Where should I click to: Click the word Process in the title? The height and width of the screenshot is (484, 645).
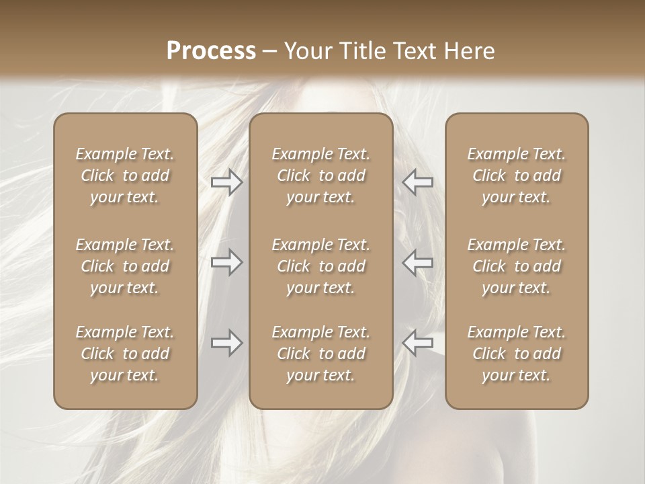tap(211, 51)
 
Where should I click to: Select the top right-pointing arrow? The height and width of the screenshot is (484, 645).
tap(226, 182)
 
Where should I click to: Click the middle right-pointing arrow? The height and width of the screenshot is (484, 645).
tap(226, 262)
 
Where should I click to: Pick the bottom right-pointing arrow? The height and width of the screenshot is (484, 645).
tap(226, 343)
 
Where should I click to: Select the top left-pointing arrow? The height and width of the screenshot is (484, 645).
tap(417, 182)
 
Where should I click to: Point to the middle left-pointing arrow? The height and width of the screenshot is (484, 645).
tap(417, 262)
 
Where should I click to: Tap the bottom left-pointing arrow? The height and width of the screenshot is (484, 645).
tap(417, 343)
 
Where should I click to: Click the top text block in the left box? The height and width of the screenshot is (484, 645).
tap(125, 175)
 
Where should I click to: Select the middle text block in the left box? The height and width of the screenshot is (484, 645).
tap(125, 266)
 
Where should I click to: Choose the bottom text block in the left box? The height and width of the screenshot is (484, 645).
tap(125, 354)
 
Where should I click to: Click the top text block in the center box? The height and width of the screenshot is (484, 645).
tap(320, 175)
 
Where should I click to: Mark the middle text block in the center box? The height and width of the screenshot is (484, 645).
tap(320, 266)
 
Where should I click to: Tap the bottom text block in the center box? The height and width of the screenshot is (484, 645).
tap(320, 354)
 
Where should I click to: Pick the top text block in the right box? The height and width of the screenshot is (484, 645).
tap(516, 175)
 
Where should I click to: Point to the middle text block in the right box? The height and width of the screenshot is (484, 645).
tap(516, 266)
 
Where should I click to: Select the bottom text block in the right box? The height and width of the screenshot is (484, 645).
tap(516, 354)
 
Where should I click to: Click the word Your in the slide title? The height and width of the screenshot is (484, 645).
tap(307, 51)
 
